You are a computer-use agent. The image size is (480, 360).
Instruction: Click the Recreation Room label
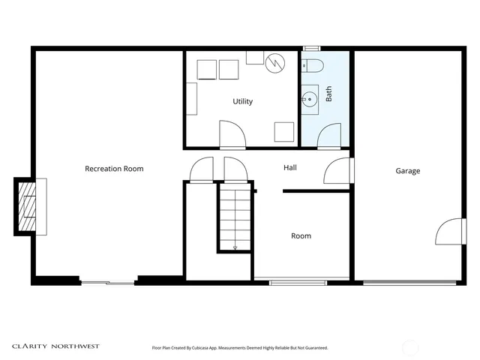click(114, 169)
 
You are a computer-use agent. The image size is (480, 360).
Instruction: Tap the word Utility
click(242, 101)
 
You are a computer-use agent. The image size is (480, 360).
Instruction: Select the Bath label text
click(328, 94)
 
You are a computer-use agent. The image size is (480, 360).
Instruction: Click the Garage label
click(408, 171)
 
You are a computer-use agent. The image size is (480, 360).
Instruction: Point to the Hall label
click(289, 167)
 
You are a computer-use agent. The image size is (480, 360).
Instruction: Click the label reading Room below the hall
click(301, 236)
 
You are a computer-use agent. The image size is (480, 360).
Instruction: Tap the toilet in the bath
click(312, 65)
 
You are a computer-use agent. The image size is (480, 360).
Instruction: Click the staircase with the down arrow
click(235, 218)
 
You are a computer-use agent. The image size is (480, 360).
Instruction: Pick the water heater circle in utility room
click(275, 62)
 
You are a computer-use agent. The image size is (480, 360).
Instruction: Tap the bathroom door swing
click(329, 136)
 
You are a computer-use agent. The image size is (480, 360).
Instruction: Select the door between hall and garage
click(337, 172)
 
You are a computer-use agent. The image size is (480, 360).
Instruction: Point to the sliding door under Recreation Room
click(108, 282)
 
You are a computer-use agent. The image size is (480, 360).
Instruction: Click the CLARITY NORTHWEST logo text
click(55, 346)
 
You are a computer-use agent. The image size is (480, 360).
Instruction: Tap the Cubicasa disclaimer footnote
click(240, 348)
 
